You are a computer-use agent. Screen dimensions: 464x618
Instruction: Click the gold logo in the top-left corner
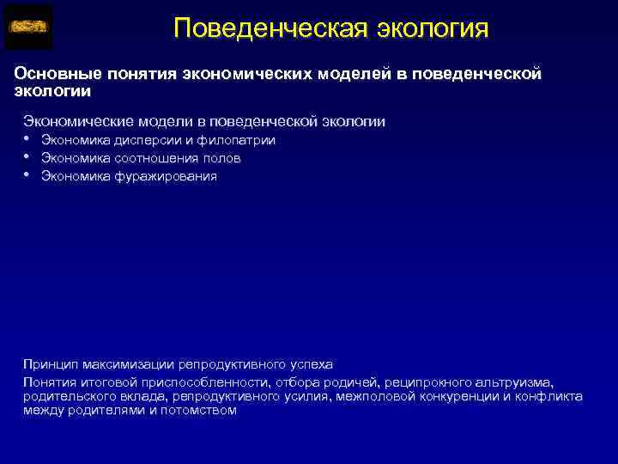28,27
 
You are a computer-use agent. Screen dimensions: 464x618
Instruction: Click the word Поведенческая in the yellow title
270,28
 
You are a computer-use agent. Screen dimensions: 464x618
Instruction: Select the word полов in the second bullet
221,158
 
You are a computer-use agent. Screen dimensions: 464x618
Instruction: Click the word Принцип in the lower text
48,364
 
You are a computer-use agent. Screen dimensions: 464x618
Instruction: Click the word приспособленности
192,382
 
